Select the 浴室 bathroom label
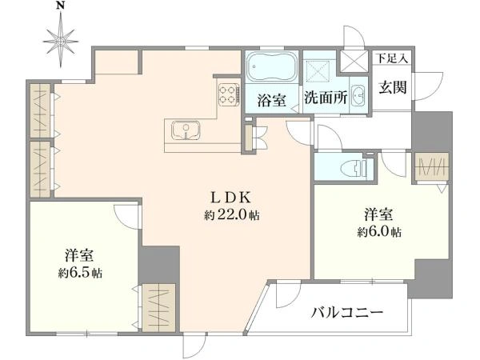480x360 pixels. pyautogui.click(x=272, y=101)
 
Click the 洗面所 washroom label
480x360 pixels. pyautogui.click(x=324, y=101)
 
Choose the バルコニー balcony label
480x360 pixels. pyautogui.click(x=347, y=312)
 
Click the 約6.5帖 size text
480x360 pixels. pyautogui.click(x=80, y=272)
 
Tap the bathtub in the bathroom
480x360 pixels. pyautogui.click(x=270, y=67)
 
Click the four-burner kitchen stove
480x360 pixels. pyautogui.click(x=228, y=94)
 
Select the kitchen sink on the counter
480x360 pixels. pyautogui.click(x=186, y=130)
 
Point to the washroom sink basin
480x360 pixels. pyautogui.click(x=357, y=94)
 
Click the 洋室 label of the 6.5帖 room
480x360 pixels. pyautogui.click(x=80, y=256)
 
